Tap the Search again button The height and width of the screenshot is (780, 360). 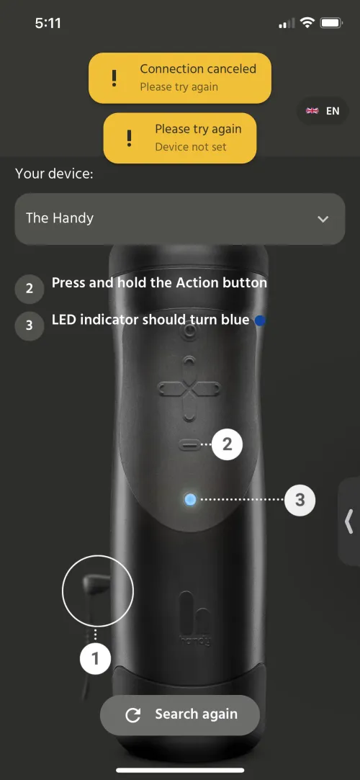tap(179, 714)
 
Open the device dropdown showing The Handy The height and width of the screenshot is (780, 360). tap(179, 218)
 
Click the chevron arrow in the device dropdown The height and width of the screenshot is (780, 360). tap(323, 219)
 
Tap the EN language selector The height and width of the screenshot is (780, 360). tap(323, 111)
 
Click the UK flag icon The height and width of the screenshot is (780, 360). tap(312, 111)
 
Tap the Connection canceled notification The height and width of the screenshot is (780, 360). tap(179, 77)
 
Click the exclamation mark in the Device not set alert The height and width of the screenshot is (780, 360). tap(129, 138)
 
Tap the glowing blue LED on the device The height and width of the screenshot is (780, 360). tap(190, 499)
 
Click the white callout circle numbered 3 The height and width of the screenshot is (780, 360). tap(300, 499)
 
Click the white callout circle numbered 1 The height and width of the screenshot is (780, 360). tap(95, 658)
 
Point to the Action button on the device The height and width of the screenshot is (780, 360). tap(190, 445)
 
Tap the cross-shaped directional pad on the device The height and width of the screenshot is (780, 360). tap(188, 390)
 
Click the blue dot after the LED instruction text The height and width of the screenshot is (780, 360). tap(260, 320)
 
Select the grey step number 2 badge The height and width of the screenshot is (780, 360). tap(29, 289)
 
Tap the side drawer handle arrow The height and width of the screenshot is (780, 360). tap(348, 521)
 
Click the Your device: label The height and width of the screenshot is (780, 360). tap(54, 174)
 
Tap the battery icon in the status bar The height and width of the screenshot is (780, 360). tap(330, 23)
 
